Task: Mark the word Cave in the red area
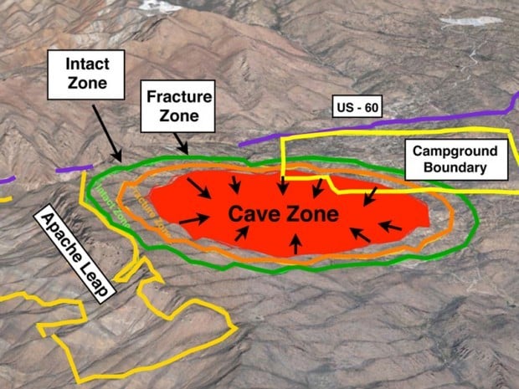[257, 214]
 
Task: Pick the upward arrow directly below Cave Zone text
[295, 243]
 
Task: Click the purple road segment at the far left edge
[6, 178]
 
